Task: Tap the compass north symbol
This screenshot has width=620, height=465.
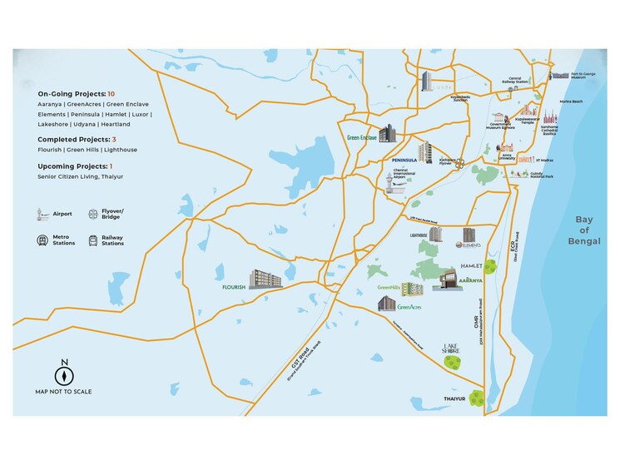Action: [x=64, y=371]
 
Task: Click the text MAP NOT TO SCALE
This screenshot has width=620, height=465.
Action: [x=64, y=391]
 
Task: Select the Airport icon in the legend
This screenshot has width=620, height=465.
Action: [x=42, y=215]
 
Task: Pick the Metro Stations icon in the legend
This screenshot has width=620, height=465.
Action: [x=42, y=240]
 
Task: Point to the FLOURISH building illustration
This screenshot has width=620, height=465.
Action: [x=265, y=279]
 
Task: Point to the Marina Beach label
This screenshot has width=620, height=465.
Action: [x=571, y=101]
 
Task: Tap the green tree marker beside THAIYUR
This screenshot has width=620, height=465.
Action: [x=477, y=397]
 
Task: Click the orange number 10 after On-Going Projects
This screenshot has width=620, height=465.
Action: [x=111, y=94]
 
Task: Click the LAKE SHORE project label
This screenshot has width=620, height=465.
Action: [x=450, y=349]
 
